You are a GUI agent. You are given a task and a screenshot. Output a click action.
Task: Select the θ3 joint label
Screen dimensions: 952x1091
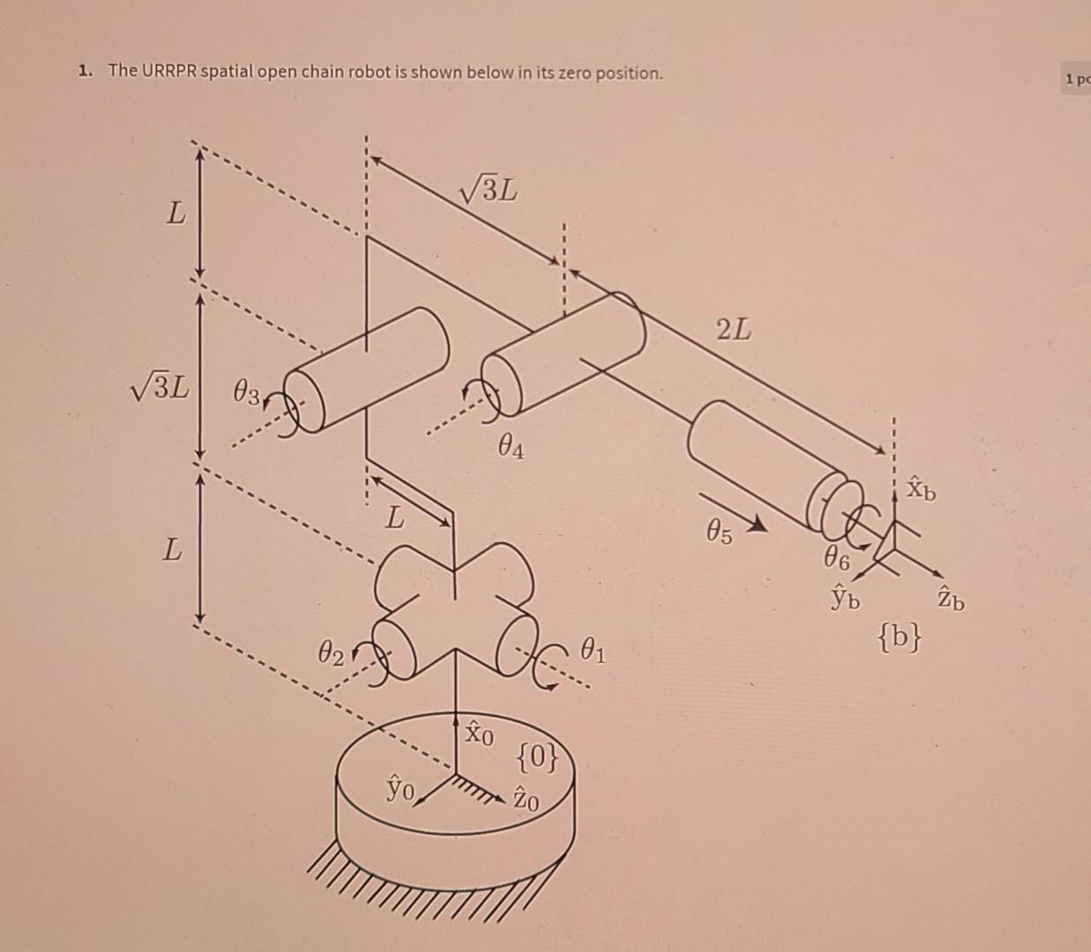click(246, 390)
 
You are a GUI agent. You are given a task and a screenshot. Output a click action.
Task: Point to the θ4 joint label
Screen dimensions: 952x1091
click(511, 450)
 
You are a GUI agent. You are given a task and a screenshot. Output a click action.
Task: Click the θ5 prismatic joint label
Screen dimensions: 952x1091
click(719, 532)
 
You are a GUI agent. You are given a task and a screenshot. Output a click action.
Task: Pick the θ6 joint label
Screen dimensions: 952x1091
click(837, 557)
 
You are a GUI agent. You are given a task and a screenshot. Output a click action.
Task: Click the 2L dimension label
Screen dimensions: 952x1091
click(734, 331)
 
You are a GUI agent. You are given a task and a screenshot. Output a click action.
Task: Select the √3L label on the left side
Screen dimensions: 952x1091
click(159, 388)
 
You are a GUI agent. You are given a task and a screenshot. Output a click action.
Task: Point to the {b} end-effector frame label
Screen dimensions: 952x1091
click(901, 635)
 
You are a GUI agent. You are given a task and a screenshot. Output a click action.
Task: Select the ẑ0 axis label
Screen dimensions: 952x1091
click(526, 800)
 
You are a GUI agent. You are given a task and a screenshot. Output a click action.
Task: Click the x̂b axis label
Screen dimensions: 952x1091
click(923, 487)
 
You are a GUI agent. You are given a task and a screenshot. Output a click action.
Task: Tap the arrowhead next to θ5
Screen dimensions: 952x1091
click(757, 527)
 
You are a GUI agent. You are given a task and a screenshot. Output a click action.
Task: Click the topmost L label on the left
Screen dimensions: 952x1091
click(177, 213)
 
